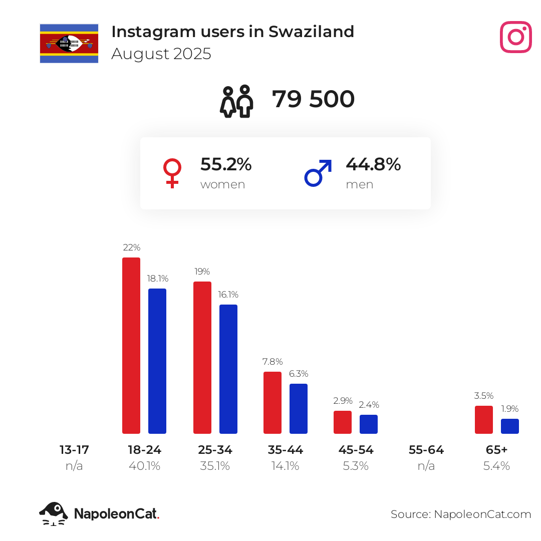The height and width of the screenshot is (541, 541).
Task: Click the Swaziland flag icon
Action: point(69,43)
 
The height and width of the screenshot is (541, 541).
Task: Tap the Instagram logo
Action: point(515,37)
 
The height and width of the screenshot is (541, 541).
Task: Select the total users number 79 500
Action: point(313,99)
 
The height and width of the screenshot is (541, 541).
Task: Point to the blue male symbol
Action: point(318,173)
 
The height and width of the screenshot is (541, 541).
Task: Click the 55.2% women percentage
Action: point(226,164)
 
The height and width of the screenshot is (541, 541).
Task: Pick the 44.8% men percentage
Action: point(373,164)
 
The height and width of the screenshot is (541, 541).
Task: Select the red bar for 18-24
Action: point(131,345)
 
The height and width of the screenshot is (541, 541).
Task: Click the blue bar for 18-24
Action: point(157,361)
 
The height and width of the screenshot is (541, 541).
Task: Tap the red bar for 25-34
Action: point(202,357)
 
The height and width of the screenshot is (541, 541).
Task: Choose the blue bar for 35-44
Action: point(299,408)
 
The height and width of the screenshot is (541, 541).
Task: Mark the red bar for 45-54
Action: point(343,422)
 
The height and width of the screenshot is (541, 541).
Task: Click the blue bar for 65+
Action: point(510,426)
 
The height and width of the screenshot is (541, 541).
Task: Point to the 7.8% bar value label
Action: point(273,362)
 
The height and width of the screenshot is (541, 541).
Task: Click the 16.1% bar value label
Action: point(228,295)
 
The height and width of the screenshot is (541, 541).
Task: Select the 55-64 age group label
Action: point(426,450)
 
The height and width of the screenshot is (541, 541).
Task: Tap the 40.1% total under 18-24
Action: point(144,466)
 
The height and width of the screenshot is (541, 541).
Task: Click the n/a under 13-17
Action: point(74,466)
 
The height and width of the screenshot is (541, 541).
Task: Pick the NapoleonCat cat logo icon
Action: point(53,513)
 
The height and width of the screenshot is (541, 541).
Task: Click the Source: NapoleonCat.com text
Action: point(460,514)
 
